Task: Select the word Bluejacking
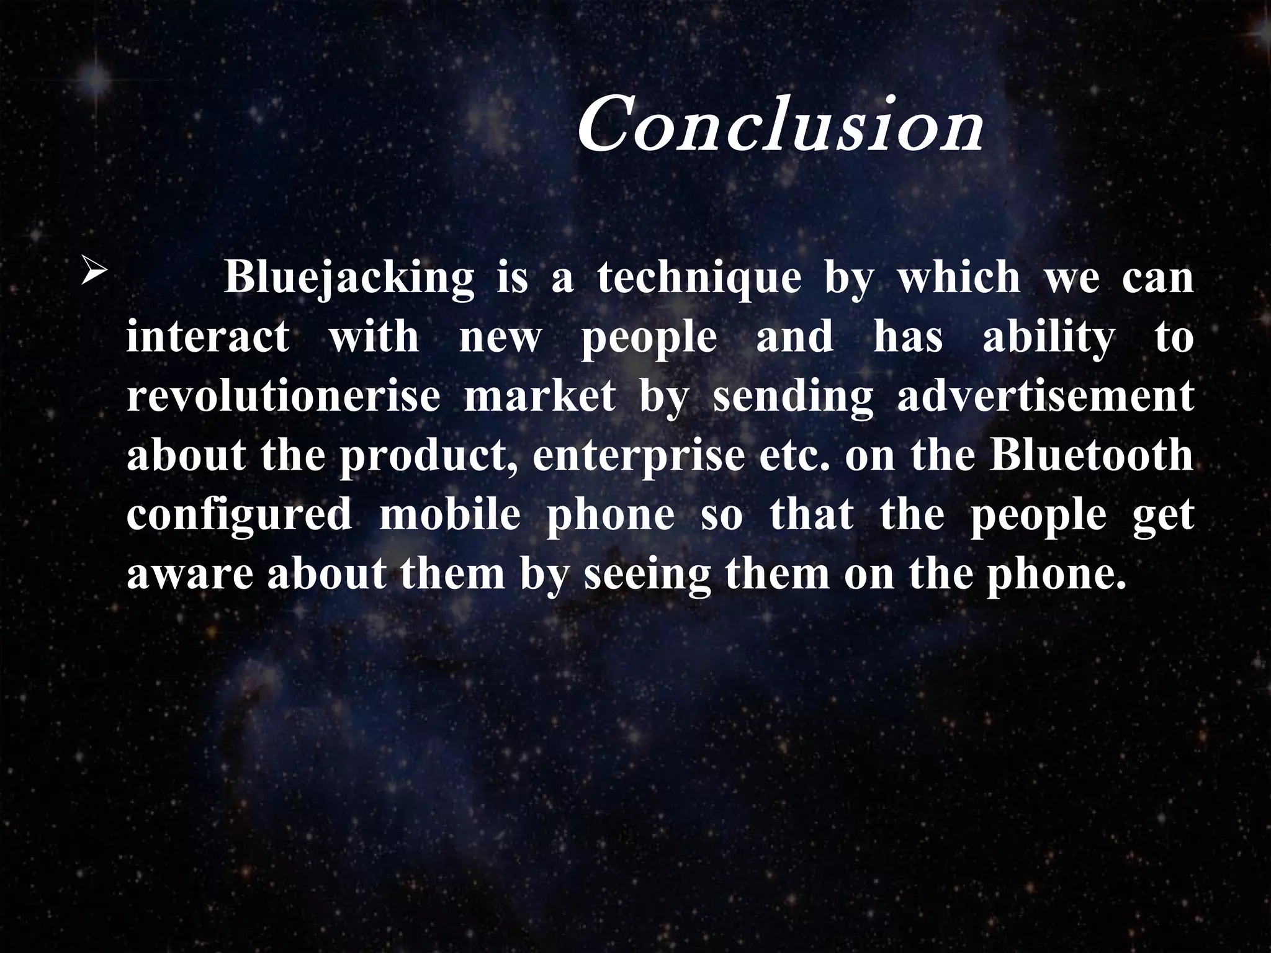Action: (x=349, y=279)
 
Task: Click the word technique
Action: (x=699, y=279)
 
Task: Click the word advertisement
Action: (x=1045, y=396)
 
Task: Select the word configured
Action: (x=240, y=515)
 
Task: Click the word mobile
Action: (x=449, y=514)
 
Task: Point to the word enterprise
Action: (x=639, y=456)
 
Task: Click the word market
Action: (x=539, y=396)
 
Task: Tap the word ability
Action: (x=1048, y=338)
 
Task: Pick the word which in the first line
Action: (x=959, y=277)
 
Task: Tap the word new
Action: (x=500, y=338)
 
